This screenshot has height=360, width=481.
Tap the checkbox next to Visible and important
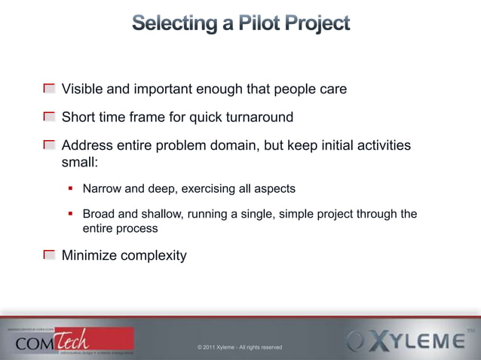click(49, 89)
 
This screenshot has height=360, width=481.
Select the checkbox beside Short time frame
click(49, 117)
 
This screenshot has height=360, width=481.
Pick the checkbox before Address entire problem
click(49, 145)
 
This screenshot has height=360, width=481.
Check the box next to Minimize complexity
click(49, 255)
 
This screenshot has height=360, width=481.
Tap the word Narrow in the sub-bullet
click(103, 188)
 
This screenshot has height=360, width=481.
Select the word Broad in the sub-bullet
click(99, 214)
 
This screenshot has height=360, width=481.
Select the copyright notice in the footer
click(240, 347)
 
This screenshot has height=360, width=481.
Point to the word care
click(332, 90)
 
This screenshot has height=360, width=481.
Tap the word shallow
click(157, 214)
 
